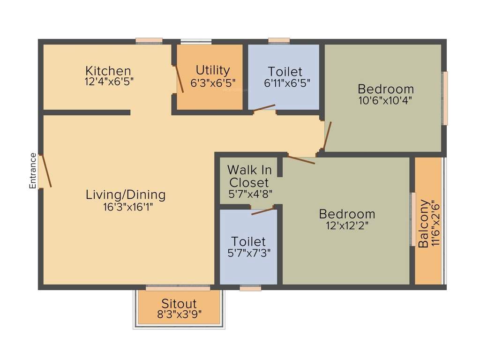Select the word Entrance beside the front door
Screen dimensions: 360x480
tap(33, 171)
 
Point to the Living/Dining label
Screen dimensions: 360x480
tap(126, 195)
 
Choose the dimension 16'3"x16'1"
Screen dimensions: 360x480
tap(126, 207)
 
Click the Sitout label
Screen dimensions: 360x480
tap(179, 303)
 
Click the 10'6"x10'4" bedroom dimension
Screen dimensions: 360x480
tap(385, 100)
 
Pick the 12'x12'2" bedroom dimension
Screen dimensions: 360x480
tap(347, 226)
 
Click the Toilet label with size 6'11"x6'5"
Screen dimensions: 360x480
tap(285, 72)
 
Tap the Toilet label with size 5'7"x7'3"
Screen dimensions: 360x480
tap(248, 242)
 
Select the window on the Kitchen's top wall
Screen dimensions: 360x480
tap(149, 41)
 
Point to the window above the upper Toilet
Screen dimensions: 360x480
tap(279, 41)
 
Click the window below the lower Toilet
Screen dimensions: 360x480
tap(250, 288)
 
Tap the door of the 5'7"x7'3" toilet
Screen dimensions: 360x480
tap(262, 211)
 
